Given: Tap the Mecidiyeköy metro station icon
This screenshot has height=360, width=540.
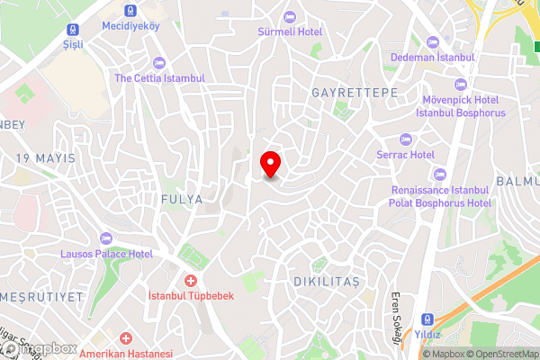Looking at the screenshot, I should point(131,10).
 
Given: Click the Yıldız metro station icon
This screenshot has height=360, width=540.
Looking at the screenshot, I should point(427,319).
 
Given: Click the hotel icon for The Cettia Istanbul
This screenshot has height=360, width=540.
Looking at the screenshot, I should point(159,62).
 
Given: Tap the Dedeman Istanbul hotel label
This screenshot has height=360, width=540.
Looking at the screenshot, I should point(432,58).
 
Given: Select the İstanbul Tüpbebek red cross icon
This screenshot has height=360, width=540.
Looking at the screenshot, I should point(190,281).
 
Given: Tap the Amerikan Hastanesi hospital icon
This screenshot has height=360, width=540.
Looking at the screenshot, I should point(125,339).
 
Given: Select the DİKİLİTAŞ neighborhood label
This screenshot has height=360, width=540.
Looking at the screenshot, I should point(327,282).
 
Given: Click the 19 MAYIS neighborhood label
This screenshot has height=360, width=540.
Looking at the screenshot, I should point(45,158).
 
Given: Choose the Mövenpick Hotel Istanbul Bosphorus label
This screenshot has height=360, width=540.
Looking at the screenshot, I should point(461,106).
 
